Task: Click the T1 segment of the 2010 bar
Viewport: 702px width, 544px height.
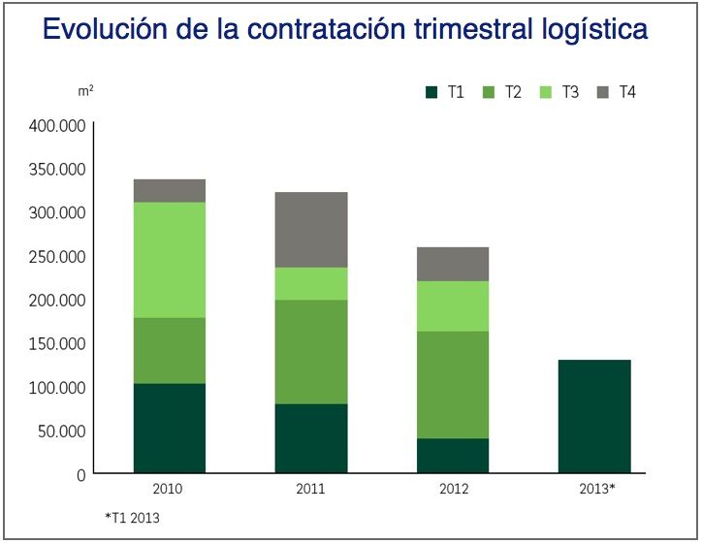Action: point(170,429)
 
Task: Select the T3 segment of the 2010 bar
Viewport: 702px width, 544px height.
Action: point(170,260)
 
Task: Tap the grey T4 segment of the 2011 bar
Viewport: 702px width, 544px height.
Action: point(311,230)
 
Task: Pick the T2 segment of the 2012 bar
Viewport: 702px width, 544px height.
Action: point(453,385)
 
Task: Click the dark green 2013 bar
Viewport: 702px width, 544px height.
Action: point(594,417)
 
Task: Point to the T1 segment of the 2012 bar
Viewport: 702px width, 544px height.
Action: point(453,456)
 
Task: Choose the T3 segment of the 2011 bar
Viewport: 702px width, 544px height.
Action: point(311,283)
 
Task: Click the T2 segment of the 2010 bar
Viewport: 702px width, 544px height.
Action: point(170,350)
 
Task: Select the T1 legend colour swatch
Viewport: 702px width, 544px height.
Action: point(432,93)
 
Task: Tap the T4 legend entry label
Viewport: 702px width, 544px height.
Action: point(627,93)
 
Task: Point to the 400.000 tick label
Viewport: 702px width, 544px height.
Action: point(58,126)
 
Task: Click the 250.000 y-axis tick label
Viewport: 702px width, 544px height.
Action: point(58,257)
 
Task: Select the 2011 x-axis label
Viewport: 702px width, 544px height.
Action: point(310,489)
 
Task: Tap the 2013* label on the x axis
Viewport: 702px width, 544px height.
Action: point(594,489)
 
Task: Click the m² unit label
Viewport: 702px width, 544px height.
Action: point(85,90)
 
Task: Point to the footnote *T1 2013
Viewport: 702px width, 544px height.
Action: point(133,518)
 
